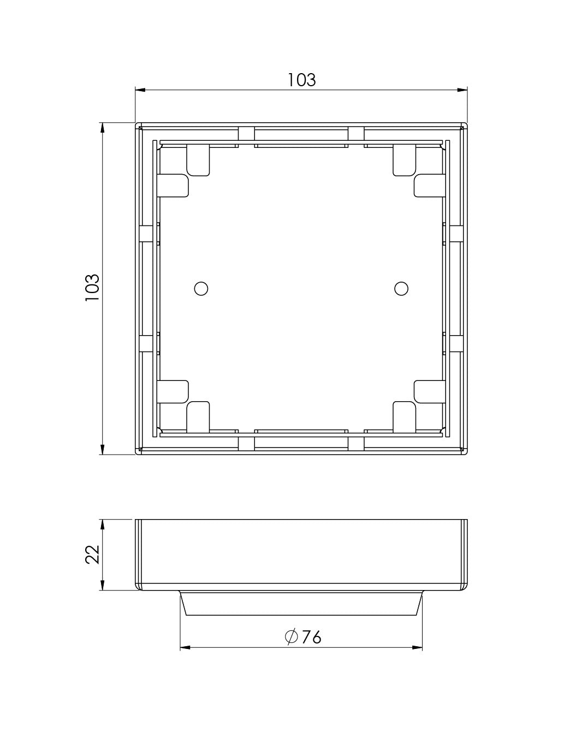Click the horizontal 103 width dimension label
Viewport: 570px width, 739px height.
302,80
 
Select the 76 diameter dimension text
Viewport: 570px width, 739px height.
311,636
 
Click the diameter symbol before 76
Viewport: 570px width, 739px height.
291,636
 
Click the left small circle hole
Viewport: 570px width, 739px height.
201,288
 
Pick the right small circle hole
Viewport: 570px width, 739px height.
402,288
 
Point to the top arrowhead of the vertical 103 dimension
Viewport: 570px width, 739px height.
102,127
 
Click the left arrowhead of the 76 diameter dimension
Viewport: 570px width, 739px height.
185,648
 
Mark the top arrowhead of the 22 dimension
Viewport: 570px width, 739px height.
102,523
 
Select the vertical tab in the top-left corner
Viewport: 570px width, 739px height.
198,160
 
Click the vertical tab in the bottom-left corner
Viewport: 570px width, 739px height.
198,416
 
